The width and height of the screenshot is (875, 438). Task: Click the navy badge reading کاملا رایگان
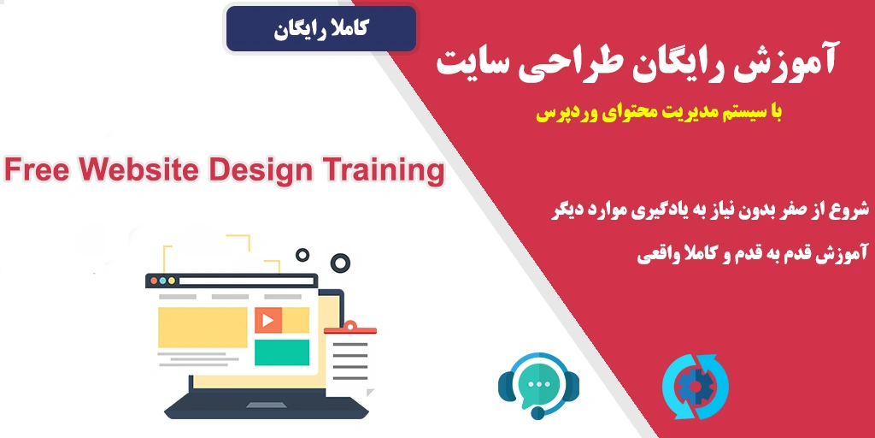tap(321, 29)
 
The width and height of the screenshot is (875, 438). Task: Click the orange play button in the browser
tap(267, 320)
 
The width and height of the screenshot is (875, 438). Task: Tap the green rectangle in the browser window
tap(282, 352)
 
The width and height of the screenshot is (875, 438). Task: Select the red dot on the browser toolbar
tap(154, 281)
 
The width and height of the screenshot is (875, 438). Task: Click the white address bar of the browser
tap(246, 281)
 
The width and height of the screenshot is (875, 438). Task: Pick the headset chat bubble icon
tap(538, 385)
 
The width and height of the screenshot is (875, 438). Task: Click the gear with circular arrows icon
tap(696, 388)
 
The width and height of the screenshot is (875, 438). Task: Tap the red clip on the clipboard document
tap(350, 328)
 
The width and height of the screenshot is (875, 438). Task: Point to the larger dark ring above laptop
tap(340, 262)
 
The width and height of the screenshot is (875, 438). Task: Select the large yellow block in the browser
tap(203, 327)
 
